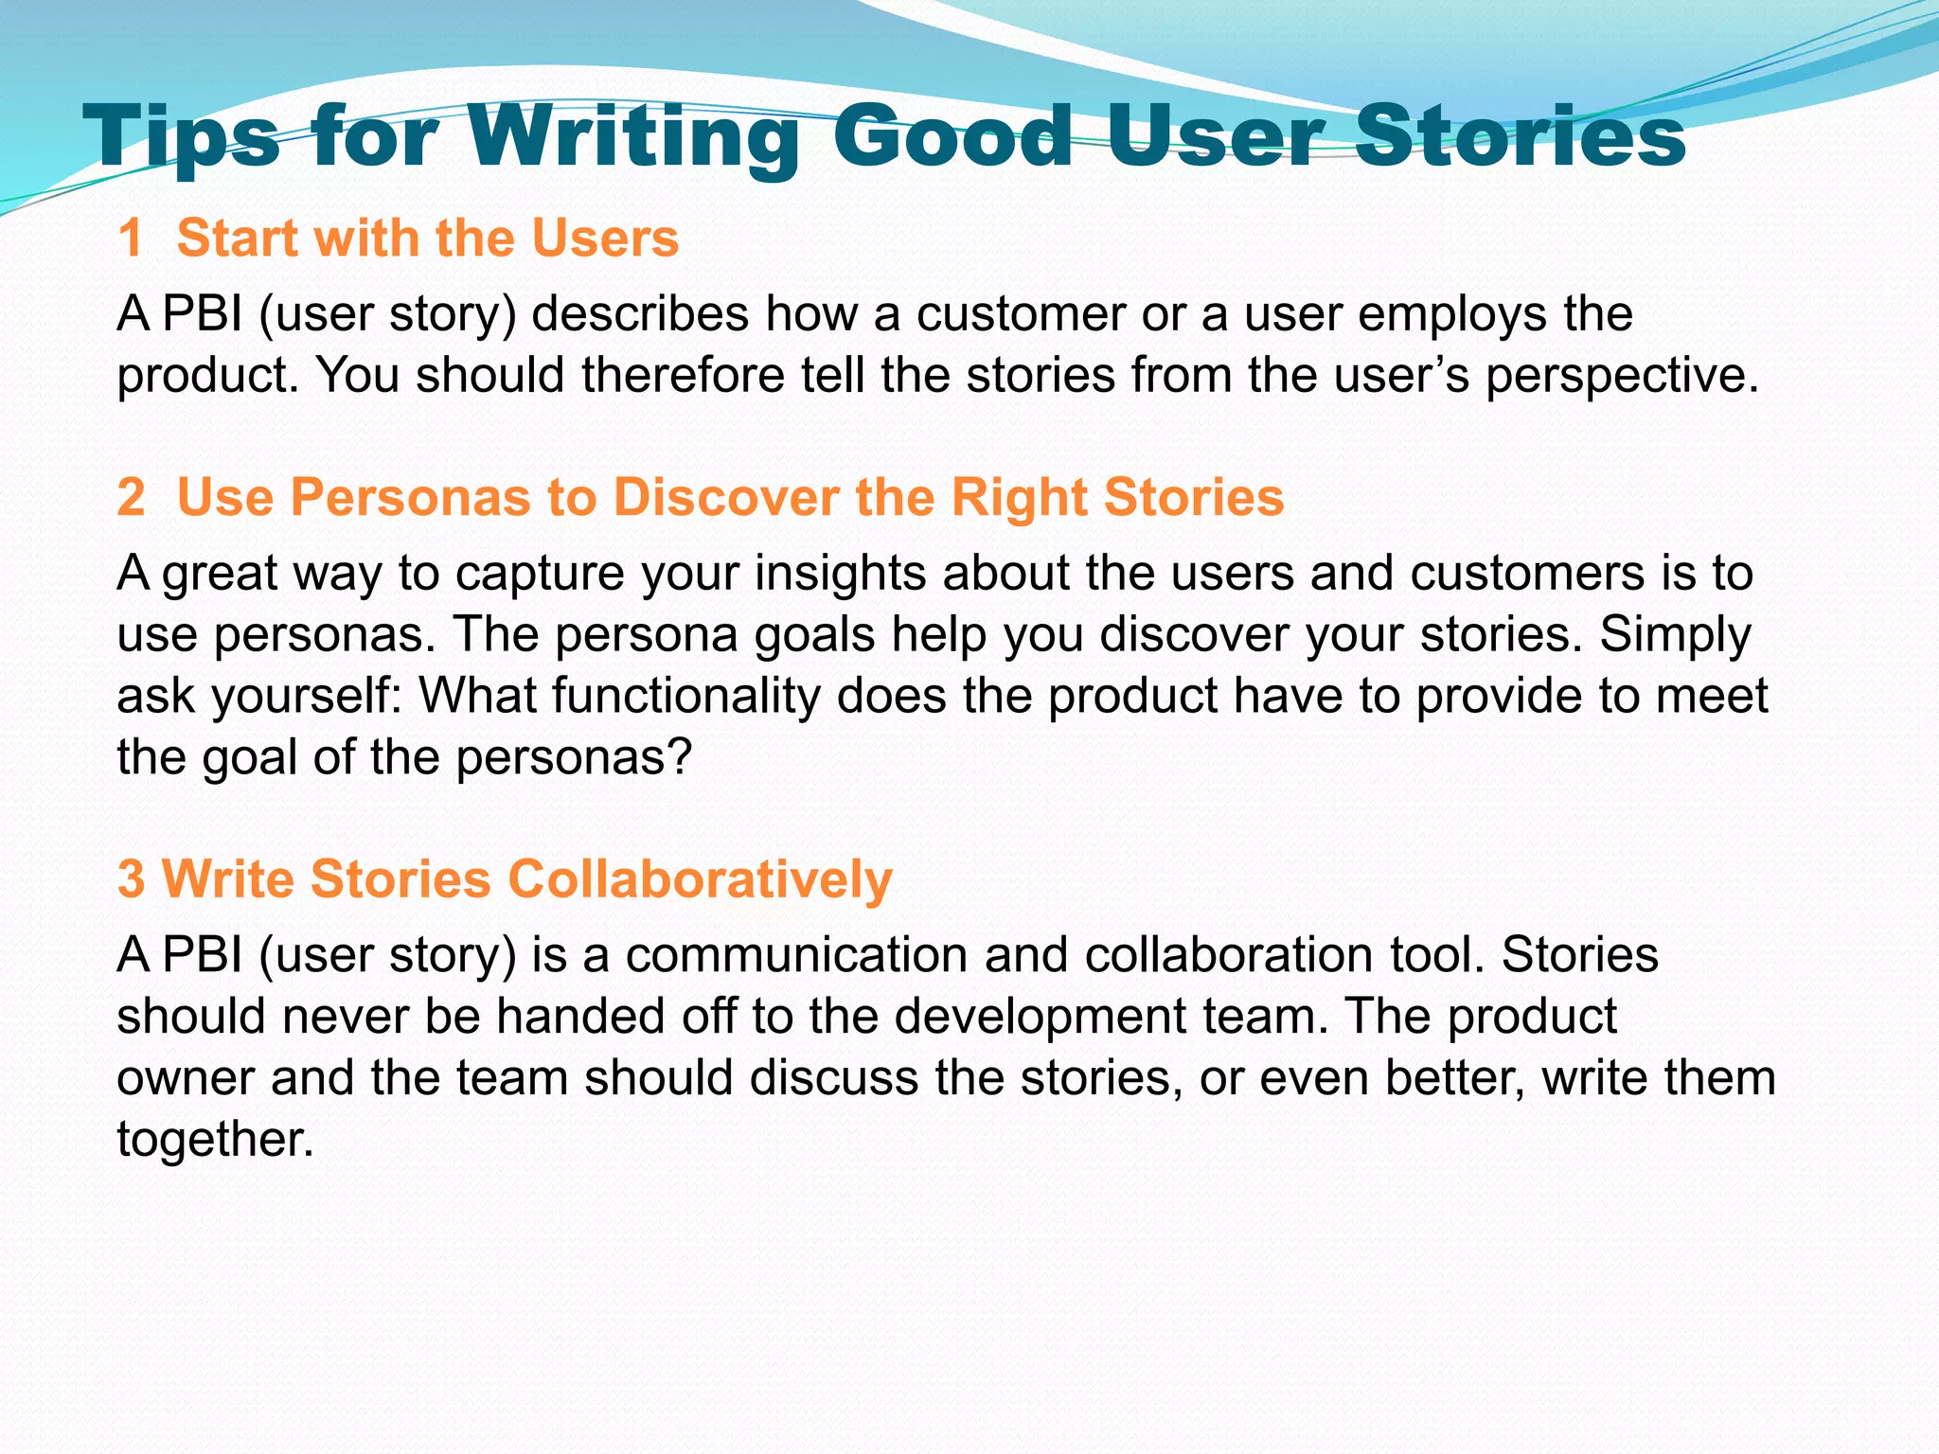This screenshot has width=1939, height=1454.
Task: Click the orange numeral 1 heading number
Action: (131, 238)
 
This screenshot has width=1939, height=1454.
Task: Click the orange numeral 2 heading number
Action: (131, 497)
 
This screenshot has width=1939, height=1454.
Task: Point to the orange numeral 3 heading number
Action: (131, 878)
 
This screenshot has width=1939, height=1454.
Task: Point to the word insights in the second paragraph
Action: (839, 574)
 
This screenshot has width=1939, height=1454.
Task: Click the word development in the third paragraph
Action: (1039, 1017)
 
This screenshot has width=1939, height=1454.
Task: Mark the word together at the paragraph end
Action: (215, 1139)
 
